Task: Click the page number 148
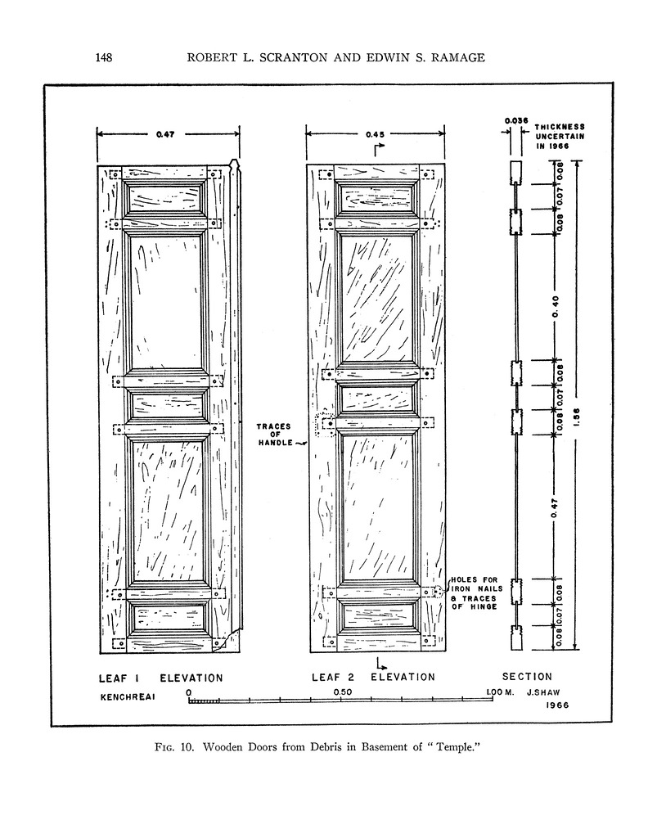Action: coord(103,57)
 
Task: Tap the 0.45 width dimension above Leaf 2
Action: coord(376,133)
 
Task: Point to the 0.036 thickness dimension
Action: coord(515,121)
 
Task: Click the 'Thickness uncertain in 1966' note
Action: coord(560,136)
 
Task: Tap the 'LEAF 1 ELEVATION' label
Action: coord(160,678)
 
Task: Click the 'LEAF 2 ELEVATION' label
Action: coord(373,677)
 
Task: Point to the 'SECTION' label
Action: coord(527,677)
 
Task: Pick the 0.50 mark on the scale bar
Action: coord(342,692)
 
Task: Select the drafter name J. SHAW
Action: coord(547,692)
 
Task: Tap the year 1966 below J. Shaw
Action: coord(555,705)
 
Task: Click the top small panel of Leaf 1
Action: coord(164,197)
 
